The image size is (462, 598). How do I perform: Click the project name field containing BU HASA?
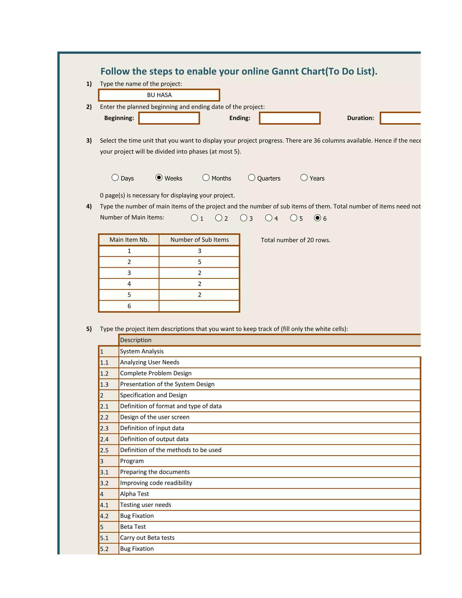coord(159,95)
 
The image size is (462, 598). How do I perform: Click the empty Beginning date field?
coord(169,118)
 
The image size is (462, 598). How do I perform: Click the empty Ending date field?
coord(290,118)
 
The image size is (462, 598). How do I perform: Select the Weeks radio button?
coord(159,178)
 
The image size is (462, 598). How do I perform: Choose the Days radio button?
coord(115,178)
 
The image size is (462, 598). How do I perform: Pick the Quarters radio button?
coord(252,178)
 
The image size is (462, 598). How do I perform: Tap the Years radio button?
coord(304,178)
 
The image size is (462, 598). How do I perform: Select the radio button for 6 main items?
coord(317,218)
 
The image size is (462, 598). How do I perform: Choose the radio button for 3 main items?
coord(244,218)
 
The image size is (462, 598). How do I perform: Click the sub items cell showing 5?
coord(199,262)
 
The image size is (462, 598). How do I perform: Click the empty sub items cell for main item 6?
coord(199,306)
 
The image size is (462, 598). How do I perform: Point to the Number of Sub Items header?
coord(199,240)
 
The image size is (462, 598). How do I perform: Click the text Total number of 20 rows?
coord(295,240)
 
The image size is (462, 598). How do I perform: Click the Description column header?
coord(136,340)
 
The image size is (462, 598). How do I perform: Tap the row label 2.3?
coord(104,428)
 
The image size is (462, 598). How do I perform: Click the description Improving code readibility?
coord(156,483)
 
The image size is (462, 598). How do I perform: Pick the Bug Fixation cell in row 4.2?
coord(137,516)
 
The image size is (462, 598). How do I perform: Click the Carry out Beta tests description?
coord(147,538)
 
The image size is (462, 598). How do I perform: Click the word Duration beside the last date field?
coord(360,118)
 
